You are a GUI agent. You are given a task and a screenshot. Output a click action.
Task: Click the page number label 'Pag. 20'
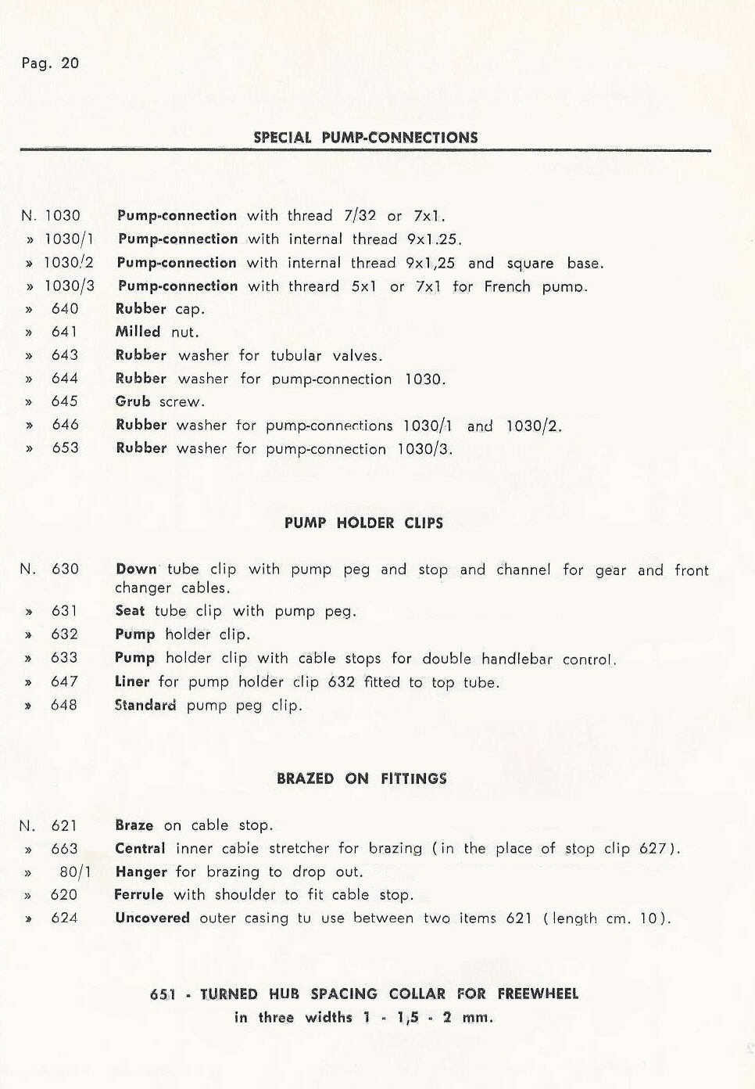50,63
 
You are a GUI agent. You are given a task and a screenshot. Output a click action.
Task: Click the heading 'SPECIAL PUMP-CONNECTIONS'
365,138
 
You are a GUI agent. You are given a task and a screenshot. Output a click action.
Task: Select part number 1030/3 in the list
69,286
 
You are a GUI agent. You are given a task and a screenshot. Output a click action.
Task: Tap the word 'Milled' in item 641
138,332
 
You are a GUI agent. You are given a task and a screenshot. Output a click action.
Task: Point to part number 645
65,401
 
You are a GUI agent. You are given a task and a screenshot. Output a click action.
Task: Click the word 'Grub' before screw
133,401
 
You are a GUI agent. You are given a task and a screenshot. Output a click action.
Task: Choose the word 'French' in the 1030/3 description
508,286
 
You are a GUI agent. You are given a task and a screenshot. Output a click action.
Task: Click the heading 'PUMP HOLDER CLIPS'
363,523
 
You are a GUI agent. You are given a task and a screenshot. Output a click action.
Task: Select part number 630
65,570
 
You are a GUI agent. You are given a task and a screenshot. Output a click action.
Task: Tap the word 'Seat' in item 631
130,611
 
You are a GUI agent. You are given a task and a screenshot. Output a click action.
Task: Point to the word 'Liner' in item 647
132,681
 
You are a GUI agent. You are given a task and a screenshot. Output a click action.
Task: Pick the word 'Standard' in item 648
145,705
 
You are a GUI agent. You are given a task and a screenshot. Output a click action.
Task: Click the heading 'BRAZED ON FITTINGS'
362,779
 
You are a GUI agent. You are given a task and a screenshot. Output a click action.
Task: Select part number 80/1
75,872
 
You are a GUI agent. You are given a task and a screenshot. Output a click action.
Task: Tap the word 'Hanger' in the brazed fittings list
141,872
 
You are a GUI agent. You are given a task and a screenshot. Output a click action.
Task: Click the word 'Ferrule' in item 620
139,894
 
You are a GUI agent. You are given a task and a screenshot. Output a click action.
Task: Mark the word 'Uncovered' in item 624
152,918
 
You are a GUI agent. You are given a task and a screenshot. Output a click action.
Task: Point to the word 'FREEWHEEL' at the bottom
538,994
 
